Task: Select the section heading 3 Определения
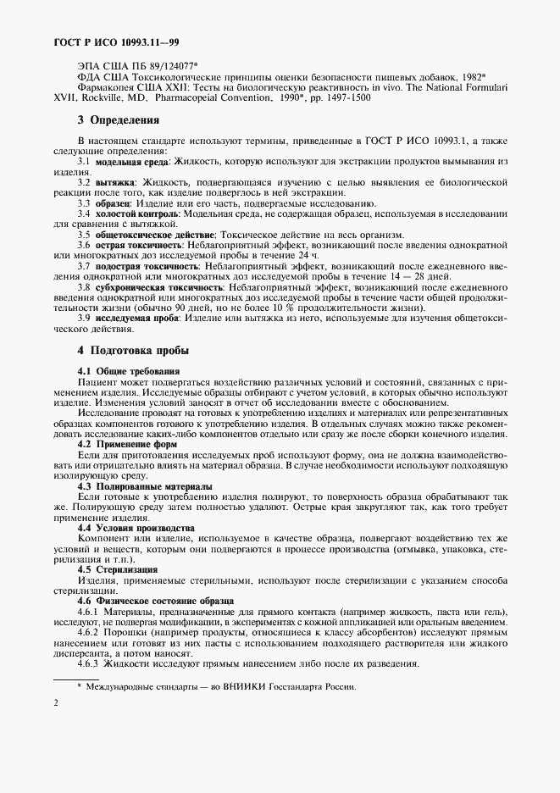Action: pos(119,120)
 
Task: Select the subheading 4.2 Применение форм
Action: pos(127,444)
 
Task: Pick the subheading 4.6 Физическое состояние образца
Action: pos(155,600)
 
